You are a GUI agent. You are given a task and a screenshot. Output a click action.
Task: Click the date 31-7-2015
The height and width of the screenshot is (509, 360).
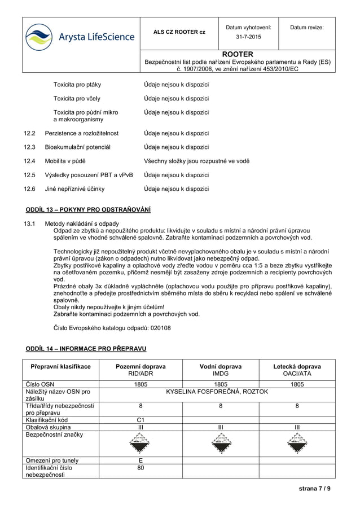click(x=248, y=38)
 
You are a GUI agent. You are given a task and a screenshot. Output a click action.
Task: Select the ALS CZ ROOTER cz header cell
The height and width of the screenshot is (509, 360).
click(x=179, y=32)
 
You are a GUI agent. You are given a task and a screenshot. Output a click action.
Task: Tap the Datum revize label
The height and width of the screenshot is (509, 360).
click(x=307, y=27)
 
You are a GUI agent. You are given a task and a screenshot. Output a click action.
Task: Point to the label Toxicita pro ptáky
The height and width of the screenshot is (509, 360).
click(x=77, y=85)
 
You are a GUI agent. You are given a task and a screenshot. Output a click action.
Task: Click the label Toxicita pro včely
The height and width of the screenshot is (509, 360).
click(x=77, y=98)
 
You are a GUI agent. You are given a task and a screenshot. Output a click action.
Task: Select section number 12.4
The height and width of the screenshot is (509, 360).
click(x=29, y=161)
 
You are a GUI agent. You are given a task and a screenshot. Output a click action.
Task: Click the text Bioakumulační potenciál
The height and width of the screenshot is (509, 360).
click(x=77, y=147)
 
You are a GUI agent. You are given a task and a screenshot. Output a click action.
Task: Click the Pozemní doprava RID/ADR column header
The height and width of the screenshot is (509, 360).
click(x=141, y=370)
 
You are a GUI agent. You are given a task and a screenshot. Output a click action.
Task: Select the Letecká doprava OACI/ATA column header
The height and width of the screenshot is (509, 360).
click(x=297, y=370)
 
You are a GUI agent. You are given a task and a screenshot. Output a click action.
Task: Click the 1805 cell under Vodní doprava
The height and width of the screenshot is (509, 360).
click(x=221, y=384)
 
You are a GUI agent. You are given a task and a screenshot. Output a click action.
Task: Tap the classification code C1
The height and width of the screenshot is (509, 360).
click(x=141, y=420)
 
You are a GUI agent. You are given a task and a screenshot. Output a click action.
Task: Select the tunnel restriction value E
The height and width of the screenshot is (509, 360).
click(x=141, y=460)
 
